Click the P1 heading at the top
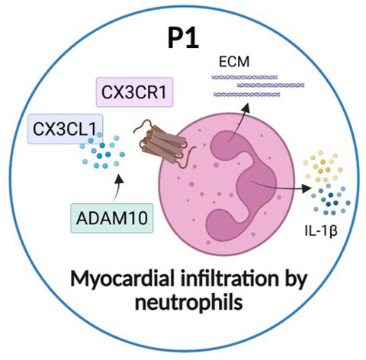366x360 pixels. point(183,38)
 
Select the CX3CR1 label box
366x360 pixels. point(134,92)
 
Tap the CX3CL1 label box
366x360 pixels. point(65,129)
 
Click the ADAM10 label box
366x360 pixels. point(112,218)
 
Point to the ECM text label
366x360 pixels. point(234,62)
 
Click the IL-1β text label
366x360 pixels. point(321,231)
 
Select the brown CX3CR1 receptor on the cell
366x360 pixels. point(162,143)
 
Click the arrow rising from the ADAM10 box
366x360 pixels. point(117,188)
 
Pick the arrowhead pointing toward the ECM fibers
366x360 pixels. point(246,108)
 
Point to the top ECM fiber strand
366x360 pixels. point(245,77)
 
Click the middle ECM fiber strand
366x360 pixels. point(271,85)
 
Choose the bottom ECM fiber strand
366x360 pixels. point(247,95)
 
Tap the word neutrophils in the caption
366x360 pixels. point(188,303)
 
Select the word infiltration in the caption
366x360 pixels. point(226,278)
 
